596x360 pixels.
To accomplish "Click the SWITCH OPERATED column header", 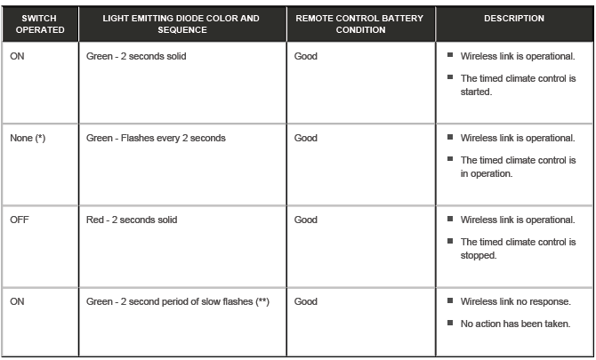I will (39, 23).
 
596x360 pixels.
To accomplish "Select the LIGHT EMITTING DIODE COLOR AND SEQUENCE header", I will (181, 23).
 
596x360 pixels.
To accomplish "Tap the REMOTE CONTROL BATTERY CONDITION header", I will (360, 23).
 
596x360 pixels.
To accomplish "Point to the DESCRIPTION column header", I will (514, 18).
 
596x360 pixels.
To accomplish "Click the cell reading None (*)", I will (28, 139).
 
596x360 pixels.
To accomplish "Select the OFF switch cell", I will (20, 220).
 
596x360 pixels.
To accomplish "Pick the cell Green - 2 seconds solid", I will (136, 57).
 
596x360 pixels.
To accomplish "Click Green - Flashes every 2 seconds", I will (156, 139).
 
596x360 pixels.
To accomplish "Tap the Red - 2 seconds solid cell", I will (132, 220).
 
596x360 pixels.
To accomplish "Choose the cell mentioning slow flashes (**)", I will (178, 302).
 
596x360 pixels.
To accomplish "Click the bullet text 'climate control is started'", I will (518, 85).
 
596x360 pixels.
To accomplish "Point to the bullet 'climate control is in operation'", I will (518, 167).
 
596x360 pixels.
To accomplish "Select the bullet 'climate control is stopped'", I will (518, 248).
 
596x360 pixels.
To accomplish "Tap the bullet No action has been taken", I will (515, 324).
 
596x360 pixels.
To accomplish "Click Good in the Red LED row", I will (305, 220).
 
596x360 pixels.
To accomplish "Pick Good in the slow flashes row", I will (305, 302).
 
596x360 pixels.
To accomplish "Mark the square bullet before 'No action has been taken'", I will (451, 323).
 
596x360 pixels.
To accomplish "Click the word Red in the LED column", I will (95, 220).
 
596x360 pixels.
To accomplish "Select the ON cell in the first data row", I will (18, 57).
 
